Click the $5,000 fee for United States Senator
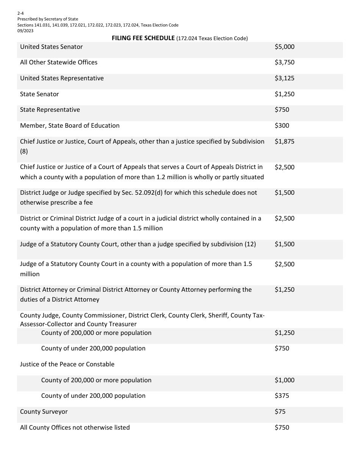point(284,47)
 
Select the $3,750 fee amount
point(284,63)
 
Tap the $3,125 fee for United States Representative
point(284,78)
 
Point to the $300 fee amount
point(282,126)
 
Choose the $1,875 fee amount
point(284,142)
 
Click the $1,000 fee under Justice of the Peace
point(284,380)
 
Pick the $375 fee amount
point(282,396)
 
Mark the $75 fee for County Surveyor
point(280,412)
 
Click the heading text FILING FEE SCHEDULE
point(143,38)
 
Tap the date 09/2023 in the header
point(25,31)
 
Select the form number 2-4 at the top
point(20,13)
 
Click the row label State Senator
point(39,94)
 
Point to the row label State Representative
point(50,110)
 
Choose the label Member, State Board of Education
point(70,126)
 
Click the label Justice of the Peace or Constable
point(67,364)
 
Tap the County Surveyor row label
point(44,412)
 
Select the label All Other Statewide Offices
point(59,63)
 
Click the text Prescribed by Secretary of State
point(48,19)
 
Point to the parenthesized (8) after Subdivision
point(24,151)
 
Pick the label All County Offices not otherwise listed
point(75,428)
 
